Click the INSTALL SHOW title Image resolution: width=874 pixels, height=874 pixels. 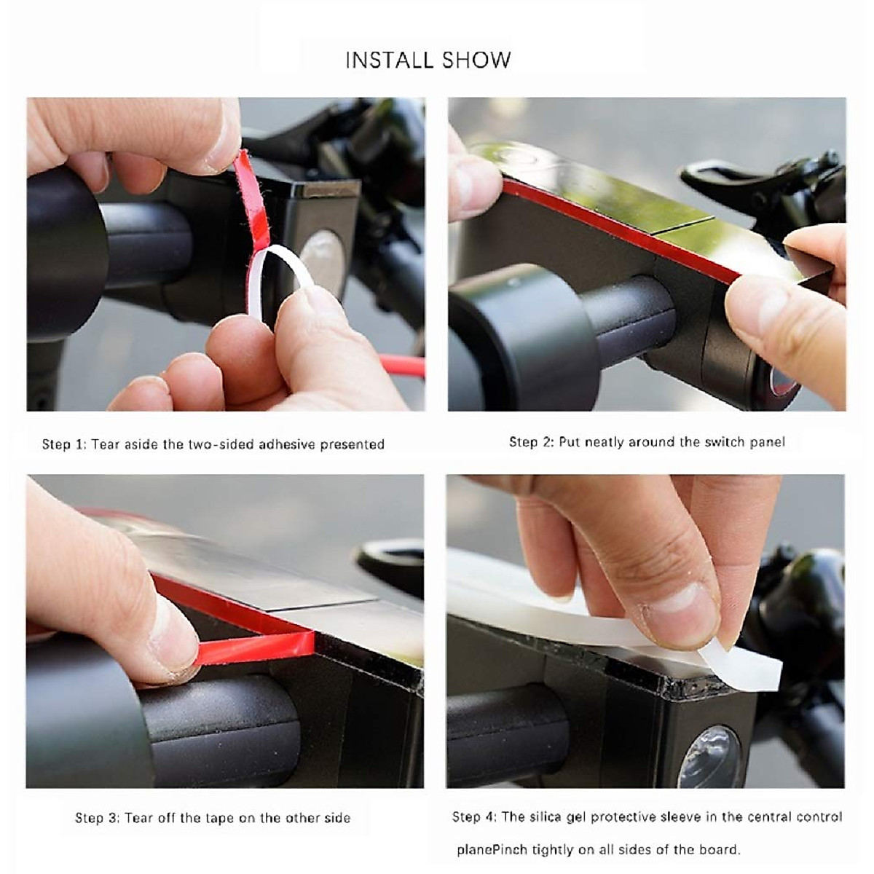[x=428, y=60]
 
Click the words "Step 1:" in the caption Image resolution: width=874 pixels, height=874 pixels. [x=64, y=444]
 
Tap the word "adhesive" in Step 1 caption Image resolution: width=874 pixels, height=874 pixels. [x=287, y=444]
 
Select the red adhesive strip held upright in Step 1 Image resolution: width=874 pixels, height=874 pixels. [x=252, y=200]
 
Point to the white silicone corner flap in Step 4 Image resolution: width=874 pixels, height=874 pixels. [x=739, y=663]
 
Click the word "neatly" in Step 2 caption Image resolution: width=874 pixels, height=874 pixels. [x=607, y=442]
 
